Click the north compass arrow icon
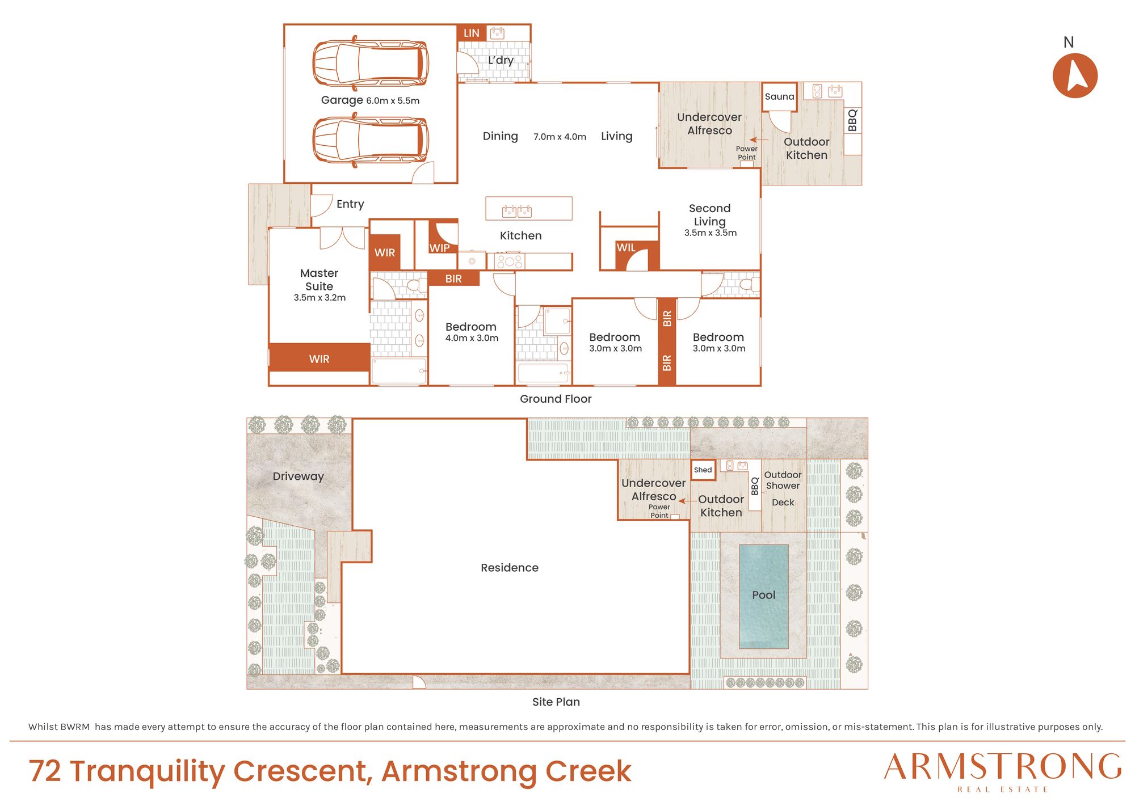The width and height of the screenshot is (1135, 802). click(x=1075, y=75)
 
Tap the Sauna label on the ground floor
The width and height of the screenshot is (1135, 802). click(x=779, y=96)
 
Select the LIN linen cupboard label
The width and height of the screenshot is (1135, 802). click(x=471, y=33)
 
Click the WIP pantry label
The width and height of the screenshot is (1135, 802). click(x=439, y=248)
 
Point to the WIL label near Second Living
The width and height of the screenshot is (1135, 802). click(x=626, y=247)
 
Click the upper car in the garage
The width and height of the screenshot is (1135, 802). click(x=371, y=62)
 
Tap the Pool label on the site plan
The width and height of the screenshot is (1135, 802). click(x=763, y=595)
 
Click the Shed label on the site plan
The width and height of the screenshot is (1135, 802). click(x=703, y=470)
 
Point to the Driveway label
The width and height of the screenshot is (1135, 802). click(x=298, y=476)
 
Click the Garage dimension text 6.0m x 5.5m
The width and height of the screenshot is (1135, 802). click(x=393, y=101)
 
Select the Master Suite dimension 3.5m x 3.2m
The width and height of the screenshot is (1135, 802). click(x=320, y=298)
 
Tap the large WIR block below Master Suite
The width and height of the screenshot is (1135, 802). click(x=320, y=357)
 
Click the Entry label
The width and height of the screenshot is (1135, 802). click(x=350, y=204)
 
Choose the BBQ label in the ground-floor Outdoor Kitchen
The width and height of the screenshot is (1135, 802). click(x=852, y=120)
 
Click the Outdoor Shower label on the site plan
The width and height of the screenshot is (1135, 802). click(x=783, y=480)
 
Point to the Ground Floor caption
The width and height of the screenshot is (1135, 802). click(x=556, y=399)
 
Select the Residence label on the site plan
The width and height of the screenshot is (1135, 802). click(x=510, y=568)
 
